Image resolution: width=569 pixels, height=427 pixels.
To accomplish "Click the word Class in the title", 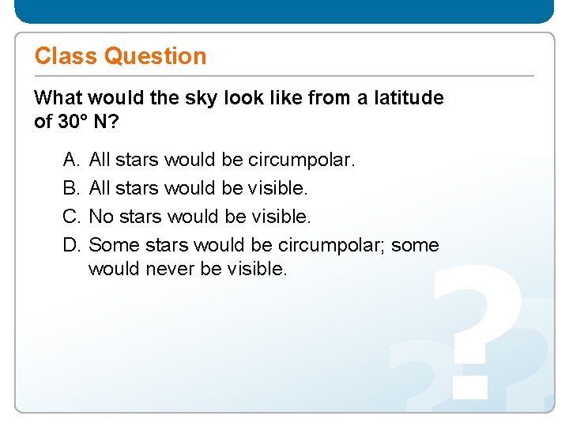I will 66,56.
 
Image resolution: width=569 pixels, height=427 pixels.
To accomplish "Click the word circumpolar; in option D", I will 333,244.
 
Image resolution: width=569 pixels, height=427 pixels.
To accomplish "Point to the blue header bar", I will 284,11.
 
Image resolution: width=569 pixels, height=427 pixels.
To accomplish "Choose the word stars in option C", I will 138,215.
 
